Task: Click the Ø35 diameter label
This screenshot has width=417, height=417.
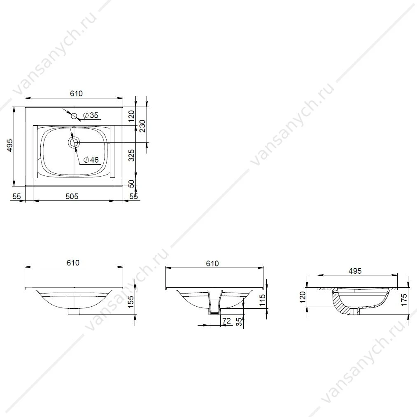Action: (x=91, y=115)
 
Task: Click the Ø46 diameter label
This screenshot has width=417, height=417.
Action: (x=91, y=160)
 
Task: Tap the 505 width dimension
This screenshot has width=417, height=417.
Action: (x=72, y=196)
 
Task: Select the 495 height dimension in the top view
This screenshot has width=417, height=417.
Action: (x=10, y=145)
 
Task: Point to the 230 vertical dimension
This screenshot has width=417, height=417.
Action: (x=142, y=126)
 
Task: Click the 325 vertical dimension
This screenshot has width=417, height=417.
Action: (x=131, y=156)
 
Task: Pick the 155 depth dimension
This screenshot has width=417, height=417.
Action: (x=131, y=302)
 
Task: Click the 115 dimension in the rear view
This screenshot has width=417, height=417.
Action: (x=262, y=300)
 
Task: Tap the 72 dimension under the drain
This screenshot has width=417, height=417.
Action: (x=226, y=321)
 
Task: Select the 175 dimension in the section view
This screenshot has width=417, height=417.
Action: (x=404, y=300)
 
